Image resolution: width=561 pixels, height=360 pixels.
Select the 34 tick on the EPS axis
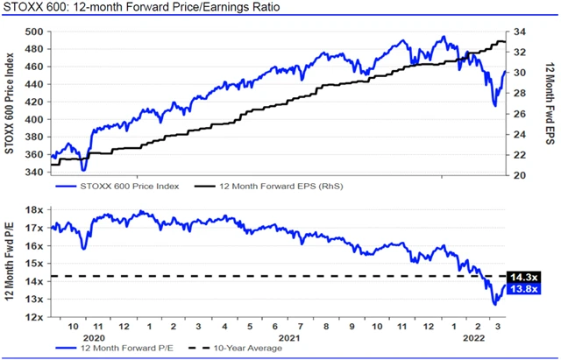520,32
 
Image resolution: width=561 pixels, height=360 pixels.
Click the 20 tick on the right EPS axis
520,175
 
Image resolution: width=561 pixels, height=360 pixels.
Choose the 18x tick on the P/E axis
36,210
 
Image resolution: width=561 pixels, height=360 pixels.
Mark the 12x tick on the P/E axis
36,317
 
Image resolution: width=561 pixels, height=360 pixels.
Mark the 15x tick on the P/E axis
36,264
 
